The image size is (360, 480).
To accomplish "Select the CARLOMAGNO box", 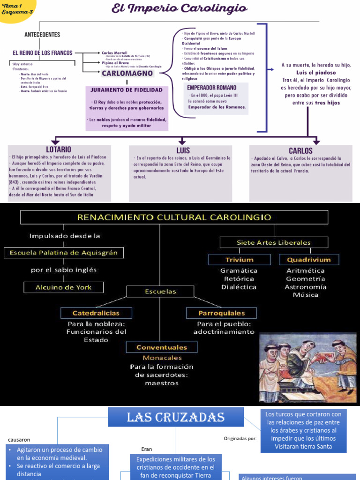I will pos(127,74).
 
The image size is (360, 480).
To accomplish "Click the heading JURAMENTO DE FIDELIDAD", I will pos(127,90).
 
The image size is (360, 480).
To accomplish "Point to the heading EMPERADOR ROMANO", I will pos(211,88).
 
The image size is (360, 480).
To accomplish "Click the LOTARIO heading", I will pos(59,150).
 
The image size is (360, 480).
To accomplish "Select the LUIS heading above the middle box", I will pos(183,150).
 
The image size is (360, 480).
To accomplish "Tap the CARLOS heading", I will pos(300,150).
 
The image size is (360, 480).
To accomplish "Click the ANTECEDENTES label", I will pos(42,35).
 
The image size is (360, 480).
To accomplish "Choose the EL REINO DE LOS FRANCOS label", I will pos(42,53).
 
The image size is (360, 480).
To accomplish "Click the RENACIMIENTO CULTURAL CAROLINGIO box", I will pos(174,217).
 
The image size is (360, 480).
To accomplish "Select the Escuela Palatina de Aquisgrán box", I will pos(64,253).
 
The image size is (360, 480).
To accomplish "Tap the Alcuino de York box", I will pos(64,287).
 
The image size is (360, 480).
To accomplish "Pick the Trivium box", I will pos(239,260).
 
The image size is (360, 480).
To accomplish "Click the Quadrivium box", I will pos(308,260).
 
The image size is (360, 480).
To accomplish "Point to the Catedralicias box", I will pos(96,313).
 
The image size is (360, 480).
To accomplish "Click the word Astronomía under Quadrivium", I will pos(306,287).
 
